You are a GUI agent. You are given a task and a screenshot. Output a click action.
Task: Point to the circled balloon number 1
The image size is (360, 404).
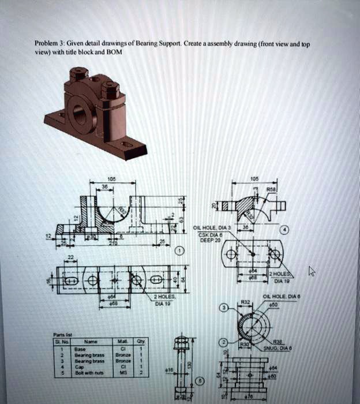(179, 252)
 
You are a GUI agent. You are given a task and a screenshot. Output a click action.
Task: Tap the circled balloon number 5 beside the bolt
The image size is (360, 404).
(201, 381)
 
